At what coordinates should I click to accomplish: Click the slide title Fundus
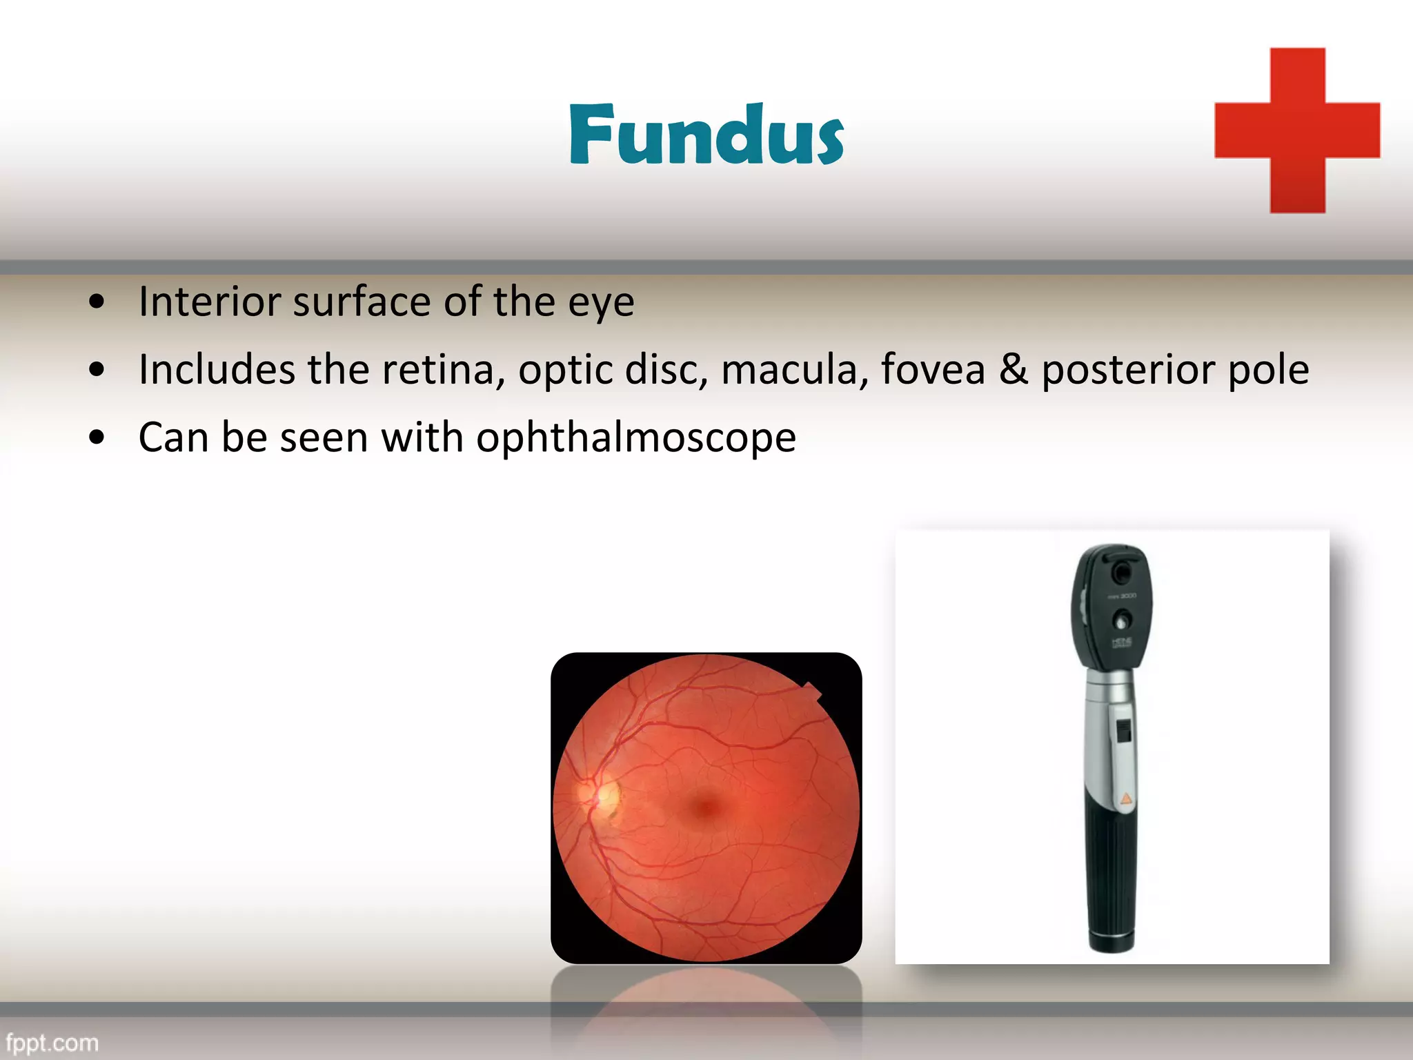pyautogui.click(x=706, y=135)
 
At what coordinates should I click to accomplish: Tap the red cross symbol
pyautogui.click(x=1297, y=130)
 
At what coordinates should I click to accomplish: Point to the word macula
pyautogui.click(x=794, y=369)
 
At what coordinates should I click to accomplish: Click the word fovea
pyautogui.click(x=933, y=369)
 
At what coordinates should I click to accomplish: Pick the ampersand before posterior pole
pyautogui.click(x=1013, y=369)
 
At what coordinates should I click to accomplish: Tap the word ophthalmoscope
pyautogui.click(x=635, y=438)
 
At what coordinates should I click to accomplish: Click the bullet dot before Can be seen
pyautogui.click(x=97, y=438)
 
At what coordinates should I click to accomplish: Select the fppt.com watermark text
pyautogui.click(x=52, y=1043)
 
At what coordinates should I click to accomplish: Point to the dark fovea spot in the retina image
pyautogui.click(x=705, y=807)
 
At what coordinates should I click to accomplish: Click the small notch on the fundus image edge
pyautogui.click(x=812, y=690)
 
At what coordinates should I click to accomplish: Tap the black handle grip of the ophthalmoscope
pyautogui.click(x=1111, y=883)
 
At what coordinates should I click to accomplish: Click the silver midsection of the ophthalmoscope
pyautogui.click(x=1109, y=732)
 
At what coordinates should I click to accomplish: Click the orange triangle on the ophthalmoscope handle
pyautogui.click(x=1125, y=800)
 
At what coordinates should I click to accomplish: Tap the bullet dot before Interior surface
pyautogui.click(x=97, y=302)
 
